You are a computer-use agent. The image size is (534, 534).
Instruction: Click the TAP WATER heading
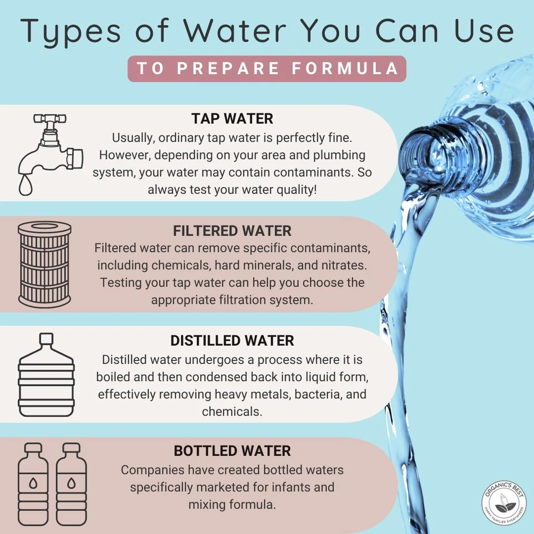[232, 119]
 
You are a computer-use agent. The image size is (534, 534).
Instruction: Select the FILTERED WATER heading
[232, 231]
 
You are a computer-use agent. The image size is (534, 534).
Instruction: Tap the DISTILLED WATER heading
[232, 341]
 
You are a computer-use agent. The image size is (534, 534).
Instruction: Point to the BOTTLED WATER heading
[232, 451]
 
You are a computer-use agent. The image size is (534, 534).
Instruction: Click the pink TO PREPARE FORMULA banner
[267, 69]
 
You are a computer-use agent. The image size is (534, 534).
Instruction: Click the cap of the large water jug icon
[46, 339]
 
